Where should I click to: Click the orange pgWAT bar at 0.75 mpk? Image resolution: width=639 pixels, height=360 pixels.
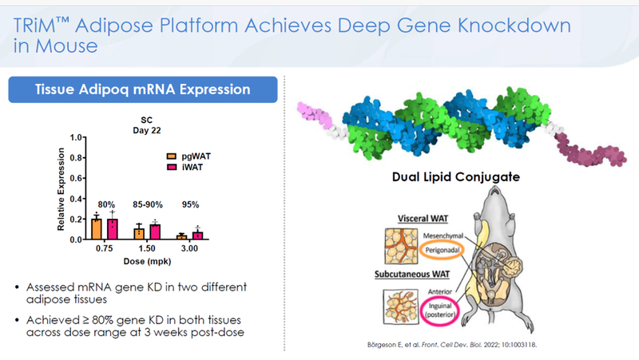coord(96,228)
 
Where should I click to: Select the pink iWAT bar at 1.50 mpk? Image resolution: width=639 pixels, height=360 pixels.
coord(153,231)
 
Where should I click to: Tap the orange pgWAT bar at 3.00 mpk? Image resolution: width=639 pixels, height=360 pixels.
coord(181,236)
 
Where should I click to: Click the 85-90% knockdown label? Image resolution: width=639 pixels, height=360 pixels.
coord(146,204)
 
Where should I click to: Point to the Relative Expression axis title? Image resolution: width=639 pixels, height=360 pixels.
coord(61,188)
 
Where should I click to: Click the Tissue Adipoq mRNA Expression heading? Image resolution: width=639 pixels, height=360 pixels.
coord(142,89)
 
